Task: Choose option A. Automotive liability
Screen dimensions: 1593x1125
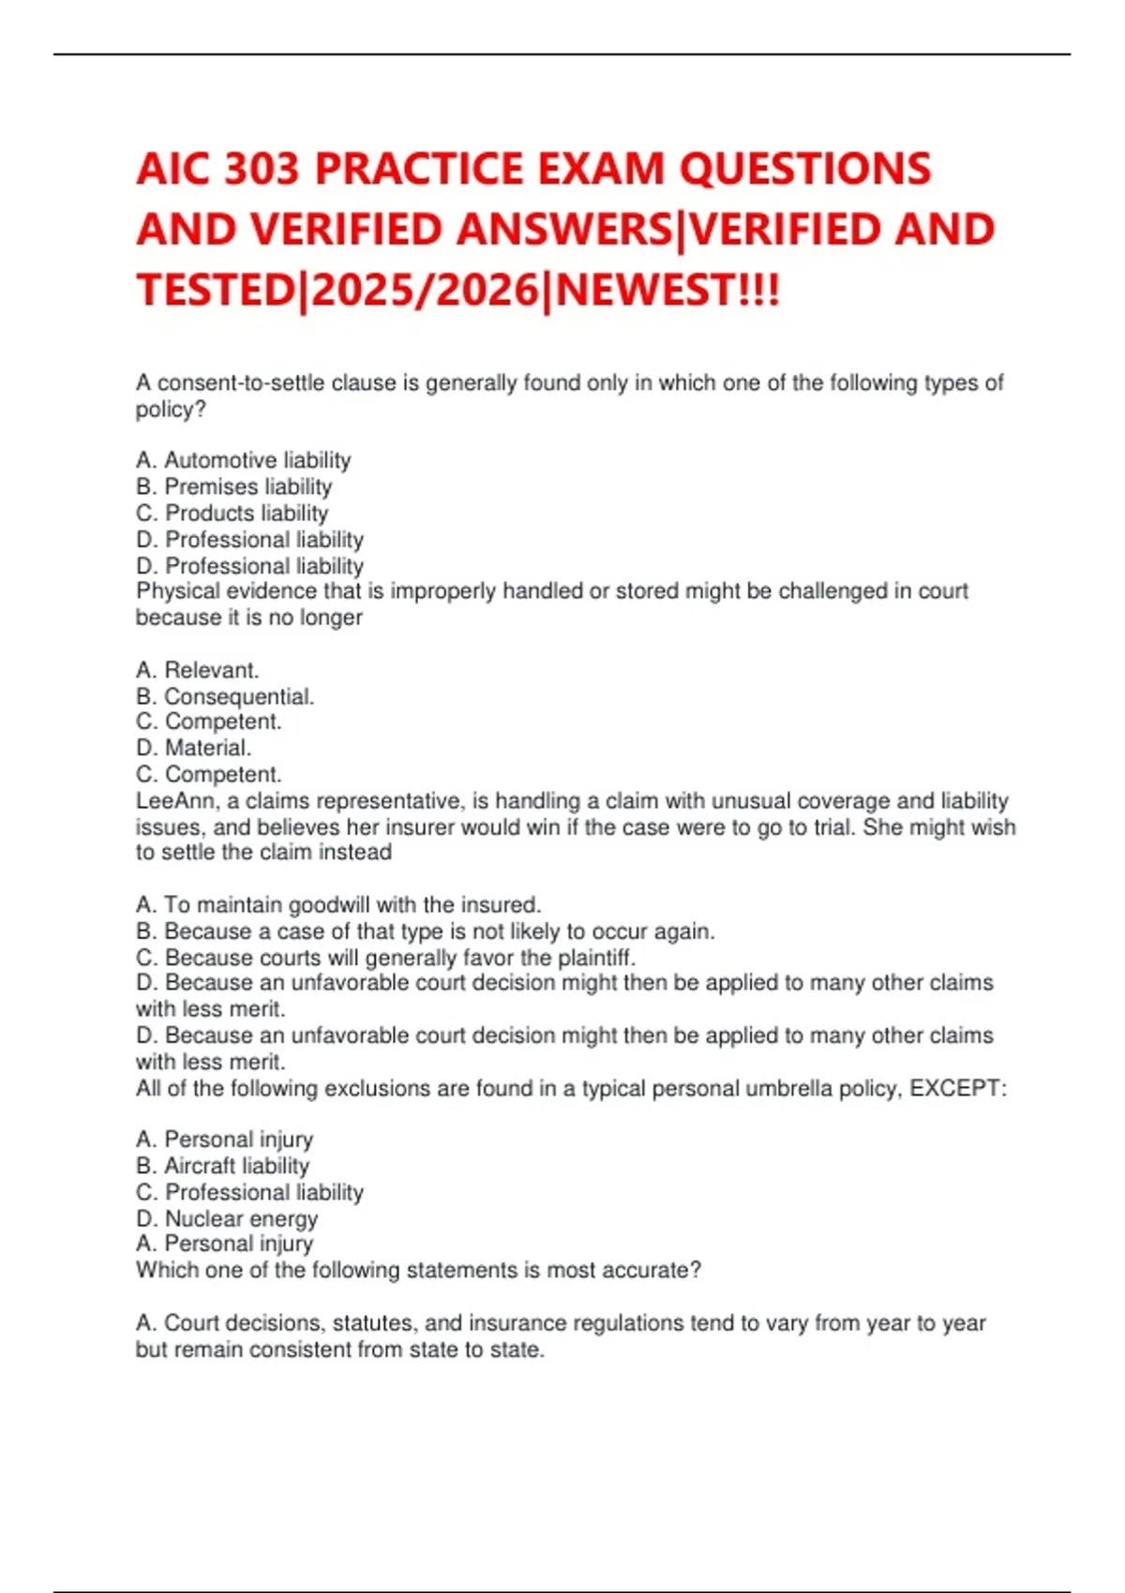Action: tap(243, 460)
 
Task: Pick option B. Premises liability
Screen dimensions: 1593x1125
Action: tap(233, 486)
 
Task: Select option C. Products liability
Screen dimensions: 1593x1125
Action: tap(232, 513)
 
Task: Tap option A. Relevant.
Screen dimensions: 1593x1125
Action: tap(197, 670)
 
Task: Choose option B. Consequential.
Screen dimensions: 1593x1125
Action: tap(225, 696)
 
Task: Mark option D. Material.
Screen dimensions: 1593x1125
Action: tap(193, 748)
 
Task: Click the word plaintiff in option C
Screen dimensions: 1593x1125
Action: tap(596, 958)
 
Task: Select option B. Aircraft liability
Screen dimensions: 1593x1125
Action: tap(222, 1166)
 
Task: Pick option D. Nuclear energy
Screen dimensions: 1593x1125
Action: tap(227, 1218)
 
